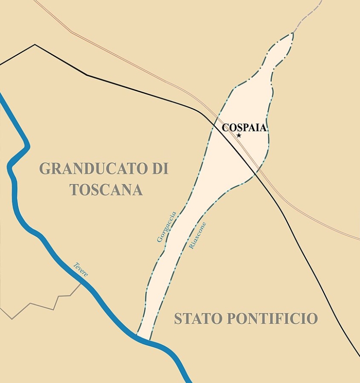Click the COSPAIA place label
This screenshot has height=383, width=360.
(244, 128)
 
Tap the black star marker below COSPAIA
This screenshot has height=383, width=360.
(239, 135)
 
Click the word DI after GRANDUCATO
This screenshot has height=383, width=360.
(160, 168)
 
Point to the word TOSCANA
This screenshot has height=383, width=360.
(106, 190)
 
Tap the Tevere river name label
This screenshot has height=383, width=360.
(80, 269)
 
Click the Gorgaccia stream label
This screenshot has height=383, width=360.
(167, 227)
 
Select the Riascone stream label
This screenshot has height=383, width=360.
(197, 236)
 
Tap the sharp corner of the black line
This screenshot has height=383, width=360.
(35, 44)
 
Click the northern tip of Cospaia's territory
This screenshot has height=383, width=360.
(292, 34)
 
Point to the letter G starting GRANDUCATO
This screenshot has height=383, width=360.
(45, 168)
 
